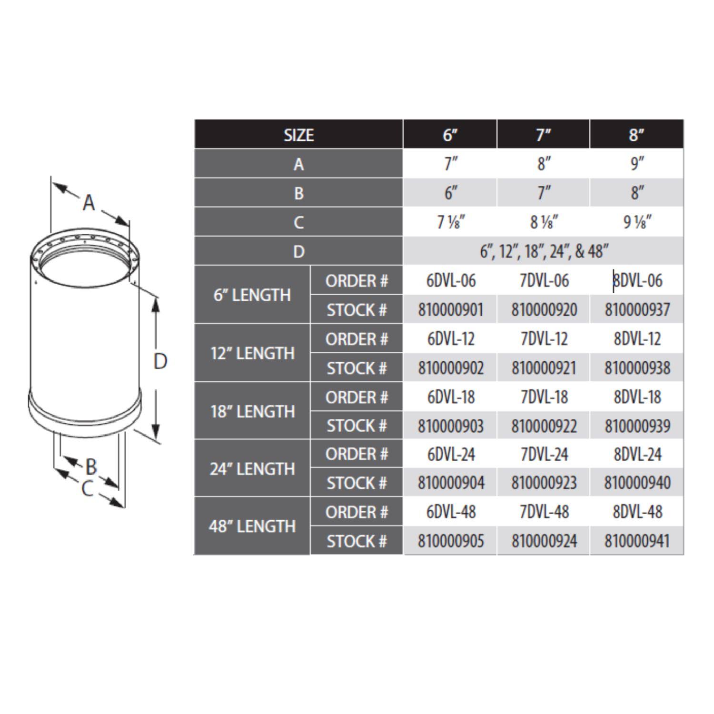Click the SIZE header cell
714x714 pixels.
[x=298, y=135]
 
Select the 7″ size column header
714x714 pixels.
[x=543, y=135]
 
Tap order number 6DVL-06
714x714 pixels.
[x=450, y=281]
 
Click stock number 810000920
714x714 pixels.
[x=544, y=310]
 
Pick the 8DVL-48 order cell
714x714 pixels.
[x=637, y=512]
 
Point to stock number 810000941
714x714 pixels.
[x=637, y=541]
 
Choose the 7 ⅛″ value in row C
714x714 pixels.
[x=450, y=222]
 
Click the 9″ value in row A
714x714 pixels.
[x=637, y=164]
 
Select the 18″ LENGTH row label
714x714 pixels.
[x=252, y=411]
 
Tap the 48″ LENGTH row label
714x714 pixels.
[x=252, y=526]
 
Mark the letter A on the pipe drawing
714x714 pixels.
[x=89, y=203]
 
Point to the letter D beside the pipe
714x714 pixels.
[x=160, y=362]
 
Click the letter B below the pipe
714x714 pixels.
[x=91, y=466]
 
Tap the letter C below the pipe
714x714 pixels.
[x=87, y=489]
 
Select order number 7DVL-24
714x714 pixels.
[x=544, y=454]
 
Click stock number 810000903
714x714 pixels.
[x=450, y=426]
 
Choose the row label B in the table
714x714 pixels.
[x=298, y=193]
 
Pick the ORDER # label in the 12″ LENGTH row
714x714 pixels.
[x=357, y=339]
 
